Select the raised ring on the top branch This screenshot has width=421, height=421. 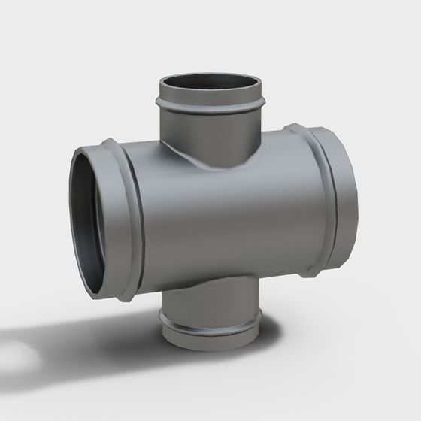tap(210, 105)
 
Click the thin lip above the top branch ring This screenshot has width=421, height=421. tap(210, 95)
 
